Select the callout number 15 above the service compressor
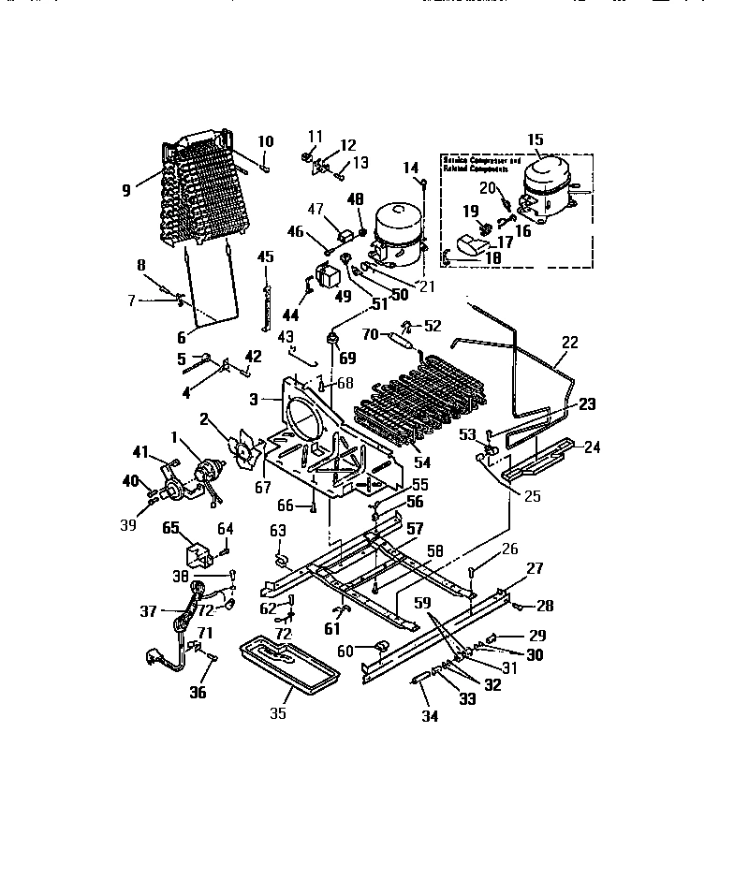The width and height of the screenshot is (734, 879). [535, 140]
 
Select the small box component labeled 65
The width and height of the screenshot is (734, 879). [198, 554]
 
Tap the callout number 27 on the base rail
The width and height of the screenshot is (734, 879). [535, 568]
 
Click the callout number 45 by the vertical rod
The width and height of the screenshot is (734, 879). [265, 256]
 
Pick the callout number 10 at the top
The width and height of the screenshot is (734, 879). [266, 141]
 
